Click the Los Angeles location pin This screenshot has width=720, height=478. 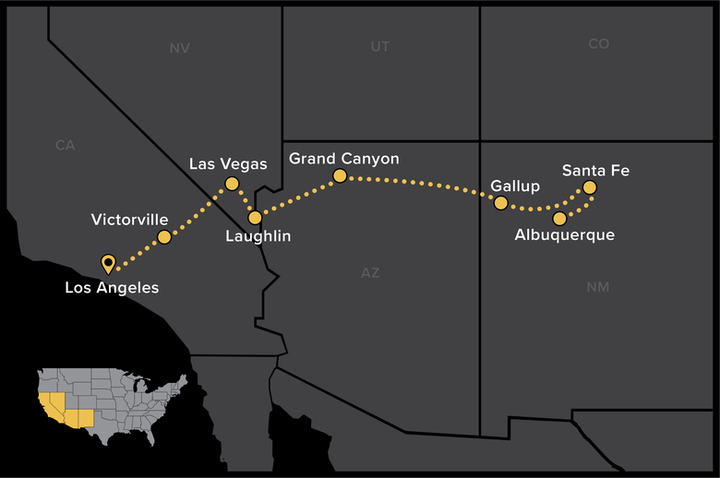point(108,264)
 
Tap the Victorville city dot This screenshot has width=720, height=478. point(164,237)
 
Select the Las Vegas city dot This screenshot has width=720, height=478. point(232,185)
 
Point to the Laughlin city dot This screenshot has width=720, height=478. point(255,218)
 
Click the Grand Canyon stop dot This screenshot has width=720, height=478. point(340,175)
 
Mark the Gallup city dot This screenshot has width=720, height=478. point(501,203)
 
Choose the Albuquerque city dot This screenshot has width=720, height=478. point(559,219)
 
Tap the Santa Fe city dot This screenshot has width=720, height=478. point(589,188)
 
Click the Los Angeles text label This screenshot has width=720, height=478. point(112,288)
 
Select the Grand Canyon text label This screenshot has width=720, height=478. point(344,159)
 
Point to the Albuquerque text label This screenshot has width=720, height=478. point(565,236)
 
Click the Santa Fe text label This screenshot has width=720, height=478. point(596,170)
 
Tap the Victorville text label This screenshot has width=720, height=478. point(130,220)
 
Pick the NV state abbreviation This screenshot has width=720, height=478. point(179,48)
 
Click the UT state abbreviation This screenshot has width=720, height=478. point(379,46)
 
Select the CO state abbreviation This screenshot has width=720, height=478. point(598,44)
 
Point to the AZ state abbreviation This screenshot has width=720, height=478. point(369,273)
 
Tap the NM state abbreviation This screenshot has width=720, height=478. point(597,288)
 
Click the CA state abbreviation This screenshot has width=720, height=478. point(65,145)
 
